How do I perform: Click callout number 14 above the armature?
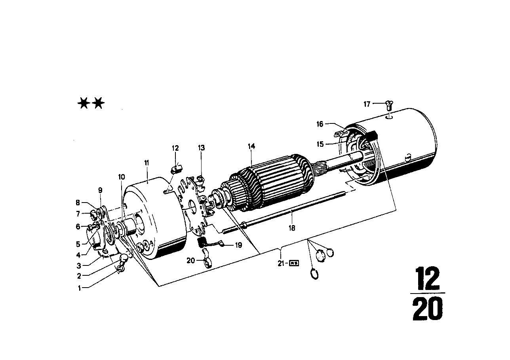(x=251, y=146)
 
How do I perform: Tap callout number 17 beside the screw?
(x=367, y=104)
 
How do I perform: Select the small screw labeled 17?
(x=388, y=105)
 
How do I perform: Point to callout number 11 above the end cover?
(x=147, y=163)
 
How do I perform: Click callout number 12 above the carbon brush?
(x=175, y=148)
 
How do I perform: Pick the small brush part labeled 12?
(x=176, y=170)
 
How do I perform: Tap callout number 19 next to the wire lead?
(x=238, y=245)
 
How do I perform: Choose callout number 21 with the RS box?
(x=281, y=262)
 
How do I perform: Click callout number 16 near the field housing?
(x=320, y=124)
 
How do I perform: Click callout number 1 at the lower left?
(x=79, y=288)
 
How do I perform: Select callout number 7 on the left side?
(x=78, y=214)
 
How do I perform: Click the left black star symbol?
(x=84, y=104)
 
